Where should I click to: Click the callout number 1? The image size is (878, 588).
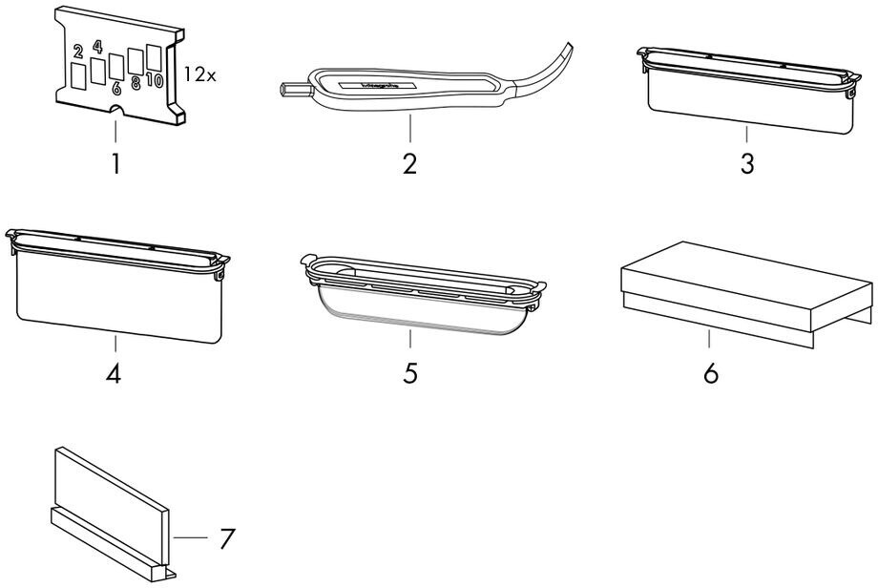(115, 163)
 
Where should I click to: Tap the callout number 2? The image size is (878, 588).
(409, 163)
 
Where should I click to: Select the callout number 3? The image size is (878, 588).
(747, 163)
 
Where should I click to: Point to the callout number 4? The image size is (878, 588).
(114, 373)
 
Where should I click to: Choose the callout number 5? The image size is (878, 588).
(410, 373)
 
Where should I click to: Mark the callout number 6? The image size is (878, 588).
(710, 373)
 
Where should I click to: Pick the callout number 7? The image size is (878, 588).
(225, 538)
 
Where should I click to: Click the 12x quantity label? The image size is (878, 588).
(199, 74)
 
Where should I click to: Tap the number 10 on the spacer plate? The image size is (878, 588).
(155, 81)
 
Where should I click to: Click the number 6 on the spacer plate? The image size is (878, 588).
(116, 88)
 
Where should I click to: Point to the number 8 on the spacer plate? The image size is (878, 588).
(136, 84)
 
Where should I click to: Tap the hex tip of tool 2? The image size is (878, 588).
(287, 91)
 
